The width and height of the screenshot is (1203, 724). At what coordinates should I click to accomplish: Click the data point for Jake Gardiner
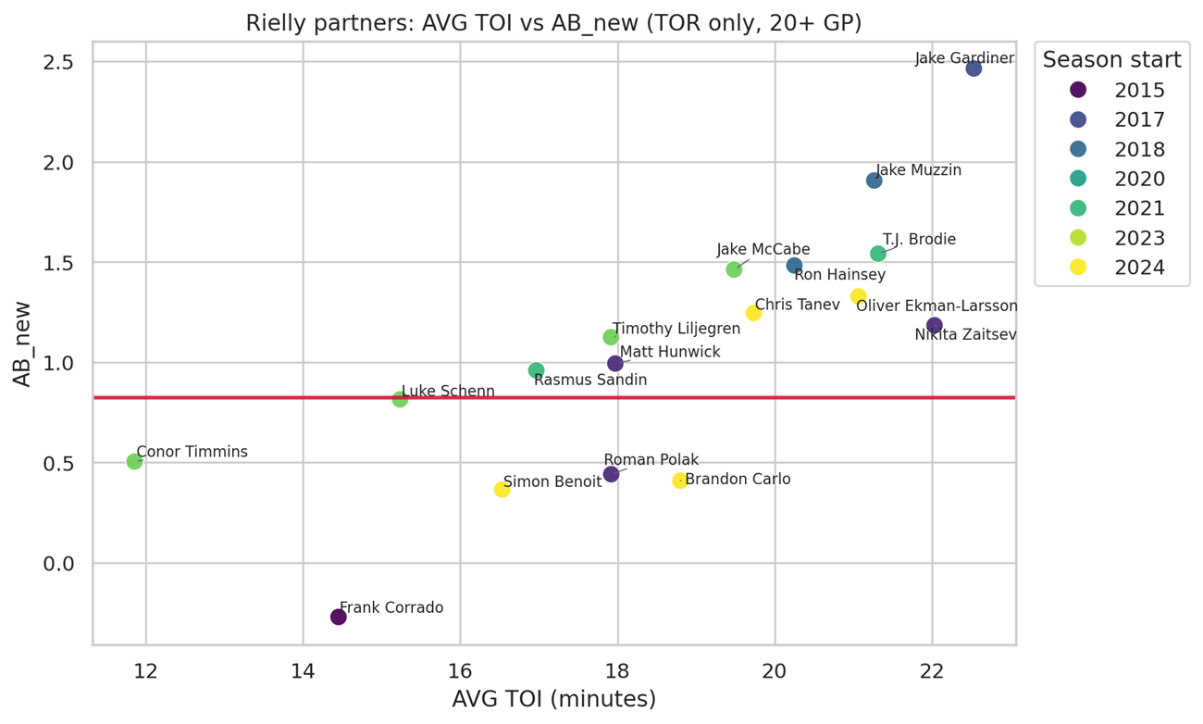click(974, 69)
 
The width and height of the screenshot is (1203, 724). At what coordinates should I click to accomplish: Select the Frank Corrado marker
click(339, 617)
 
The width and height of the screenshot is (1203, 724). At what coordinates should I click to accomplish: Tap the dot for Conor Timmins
click(134, 461)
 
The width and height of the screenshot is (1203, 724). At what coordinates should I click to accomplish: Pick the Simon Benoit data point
click(502, 489)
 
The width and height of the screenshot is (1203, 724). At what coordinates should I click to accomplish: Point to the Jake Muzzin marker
click(874, 181)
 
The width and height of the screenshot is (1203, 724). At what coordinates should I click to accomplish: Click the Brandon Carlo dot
click(680, 481)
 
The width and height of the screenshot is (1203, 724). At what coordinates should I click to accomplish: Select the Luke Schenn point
click(400, 399)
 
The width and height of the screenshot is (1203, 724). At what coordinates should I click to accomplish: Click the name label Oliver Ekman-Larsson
click(936, 306)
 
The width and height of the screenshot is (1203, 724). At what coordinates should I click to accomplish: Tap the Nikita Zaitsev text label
click(965, 335)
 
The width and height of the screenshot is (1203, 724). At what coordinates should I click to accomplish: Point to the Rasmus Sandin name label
click(590, 380)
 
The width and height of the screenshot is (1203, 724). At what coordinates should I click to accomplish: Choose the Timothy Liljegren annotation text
click(676, 329)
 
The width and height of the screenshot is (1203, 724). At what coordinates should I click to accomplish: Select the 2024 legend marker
click(1078, 268)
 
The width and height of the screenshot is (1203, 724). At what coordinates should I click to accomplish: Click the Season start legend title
click(1111, 60)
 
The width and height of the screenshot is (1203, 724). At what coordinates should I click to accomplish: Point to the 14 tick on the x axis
click(303, 668)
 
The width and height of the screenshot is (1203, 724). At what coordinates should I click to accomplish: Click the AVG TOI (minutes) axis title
click(553, 699)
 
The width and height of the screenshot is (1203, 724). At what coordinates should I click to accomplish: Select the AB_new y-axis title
click(22, 343)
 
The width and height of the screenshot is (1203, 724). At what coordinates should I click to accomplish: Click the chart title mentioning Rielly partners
click(553, 23)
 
